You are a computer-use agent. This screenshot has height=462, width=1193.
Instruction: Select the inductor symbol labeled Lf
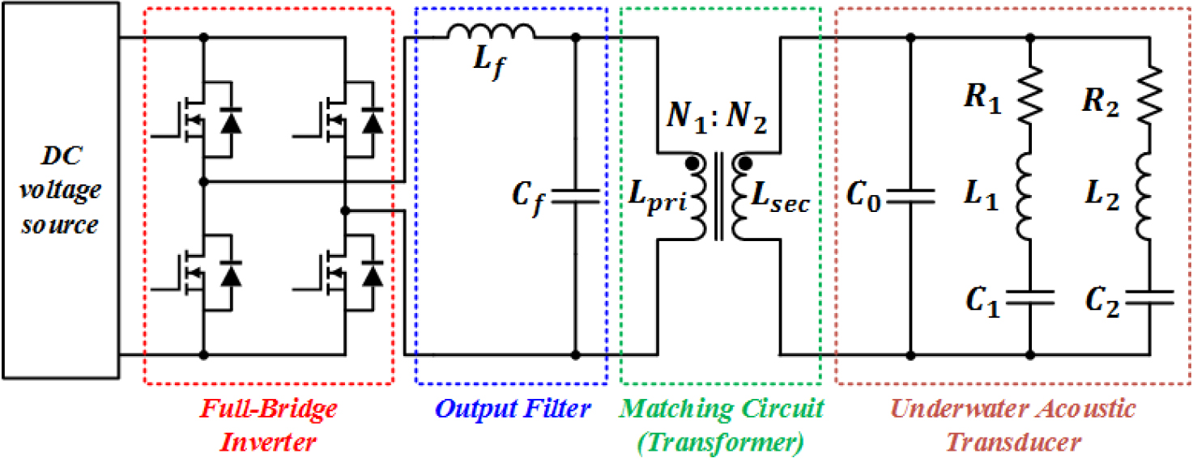point(492,32)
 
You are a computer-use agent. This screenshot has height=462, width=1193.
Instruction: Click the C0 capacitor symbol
point(910,195)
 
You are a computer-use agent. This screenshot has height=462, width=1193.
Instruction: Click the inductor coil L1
point(1029,195)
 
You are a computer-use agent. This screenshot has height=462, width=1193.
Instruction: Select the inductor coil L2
point(1149,195)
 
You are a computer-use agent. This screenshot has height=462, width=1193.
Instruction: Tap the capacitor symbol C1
point(1029,298)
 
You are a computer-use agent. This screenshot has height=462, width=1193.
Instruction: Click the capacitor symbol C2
point(1149,298)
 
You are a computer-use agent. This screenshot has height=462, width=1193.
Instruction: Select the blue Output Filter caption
point(511,409)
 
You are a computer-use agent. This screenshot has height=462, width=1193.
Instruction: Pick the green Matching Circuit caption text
point(721,409)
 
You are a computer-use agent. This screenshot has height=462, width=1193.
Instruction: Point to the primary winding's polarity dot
point(693,164)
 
